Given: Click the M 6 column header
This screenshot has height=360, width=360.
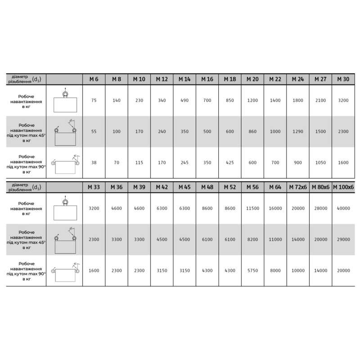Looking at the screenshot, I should pos(94,79).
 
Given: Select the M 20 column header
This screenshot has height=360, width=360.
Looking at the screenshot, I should pos(252,79).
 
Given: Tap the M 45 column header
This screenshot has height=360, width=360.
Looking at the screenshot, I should pos(184,187).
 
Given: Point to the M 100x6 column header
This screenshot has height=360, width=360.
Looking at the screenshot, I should pos(343,187).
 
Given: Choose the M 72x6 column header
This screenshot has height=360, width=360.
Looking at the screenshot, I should pos(297,187).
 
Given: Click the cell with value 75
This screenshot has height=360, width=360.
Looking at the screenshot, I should pos(94,100).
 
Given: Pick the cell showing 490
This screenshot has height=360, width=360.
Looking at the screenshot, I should pos(184,100).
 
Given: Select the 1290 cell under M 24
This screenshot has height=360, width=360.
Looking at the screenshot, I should pos(297,132).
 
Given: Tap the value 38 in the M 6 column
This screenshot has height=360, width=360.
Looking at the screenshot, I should pos(94,163).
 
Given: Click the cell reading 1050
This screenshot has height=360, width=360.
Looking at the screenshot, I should pos(320,163).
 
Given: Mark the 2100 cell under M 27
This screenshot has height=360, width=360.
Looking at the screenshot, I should pos(320,100).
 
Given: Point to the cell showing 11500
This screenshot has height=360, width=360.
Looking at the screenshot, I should pos(252,208).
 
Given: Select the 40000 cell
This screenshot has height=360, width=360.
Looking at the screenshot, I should pos(343,208).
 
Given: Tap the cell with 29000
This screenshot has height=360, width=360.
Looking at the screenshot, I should pos(343,240).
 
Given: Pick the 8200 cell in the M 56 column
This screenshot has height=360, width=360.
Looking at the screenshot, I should pos(252,240).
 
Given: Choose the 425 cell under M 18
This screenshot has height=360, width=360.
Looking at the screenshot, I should pos(229,163).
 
